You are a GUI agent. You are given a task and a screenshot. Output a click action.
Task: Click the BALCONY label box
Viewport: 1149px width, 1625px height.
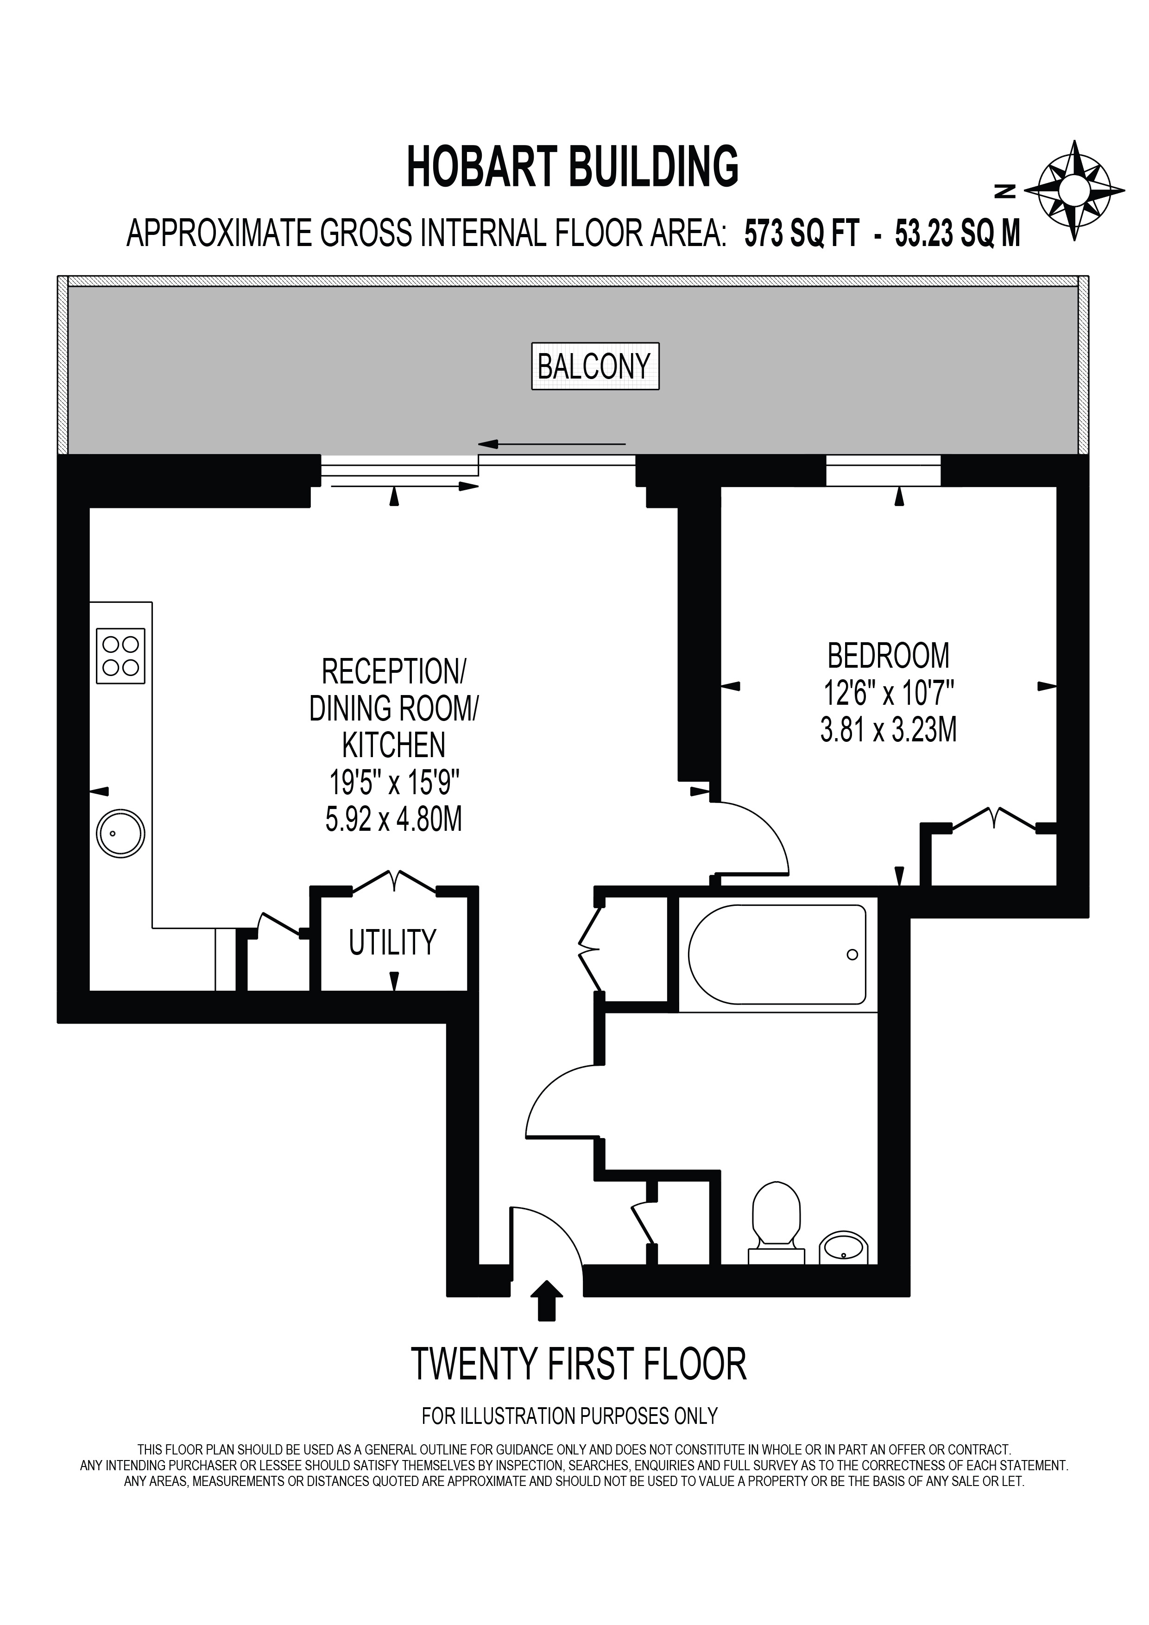click(x=595, y=367)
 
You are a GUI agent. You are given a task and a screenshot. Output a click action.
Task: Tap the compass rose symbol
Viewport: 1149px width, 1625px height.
click(x=1075, y=190)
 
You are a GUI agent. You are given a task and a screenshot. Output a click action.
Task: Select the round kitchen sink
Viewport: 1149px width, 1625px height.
click(x=120, y=832)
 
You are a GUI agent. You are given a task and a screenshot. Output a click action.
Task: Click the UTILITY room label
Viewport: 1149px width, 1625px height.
click(x=393, y=942)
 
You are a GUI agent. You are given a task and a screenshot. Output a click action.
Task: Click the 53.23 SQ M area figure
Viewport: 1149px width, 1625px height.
click(x=958, y=234)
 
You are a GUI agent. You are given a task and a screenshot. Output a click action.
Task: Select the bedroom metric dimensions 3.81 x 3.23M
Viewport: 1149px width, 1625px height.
click(x=889, y=730)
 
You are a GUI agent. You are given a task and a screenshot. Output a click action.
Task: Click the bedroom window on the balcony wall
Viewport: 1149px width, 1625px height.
click(x=883, y=471)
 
